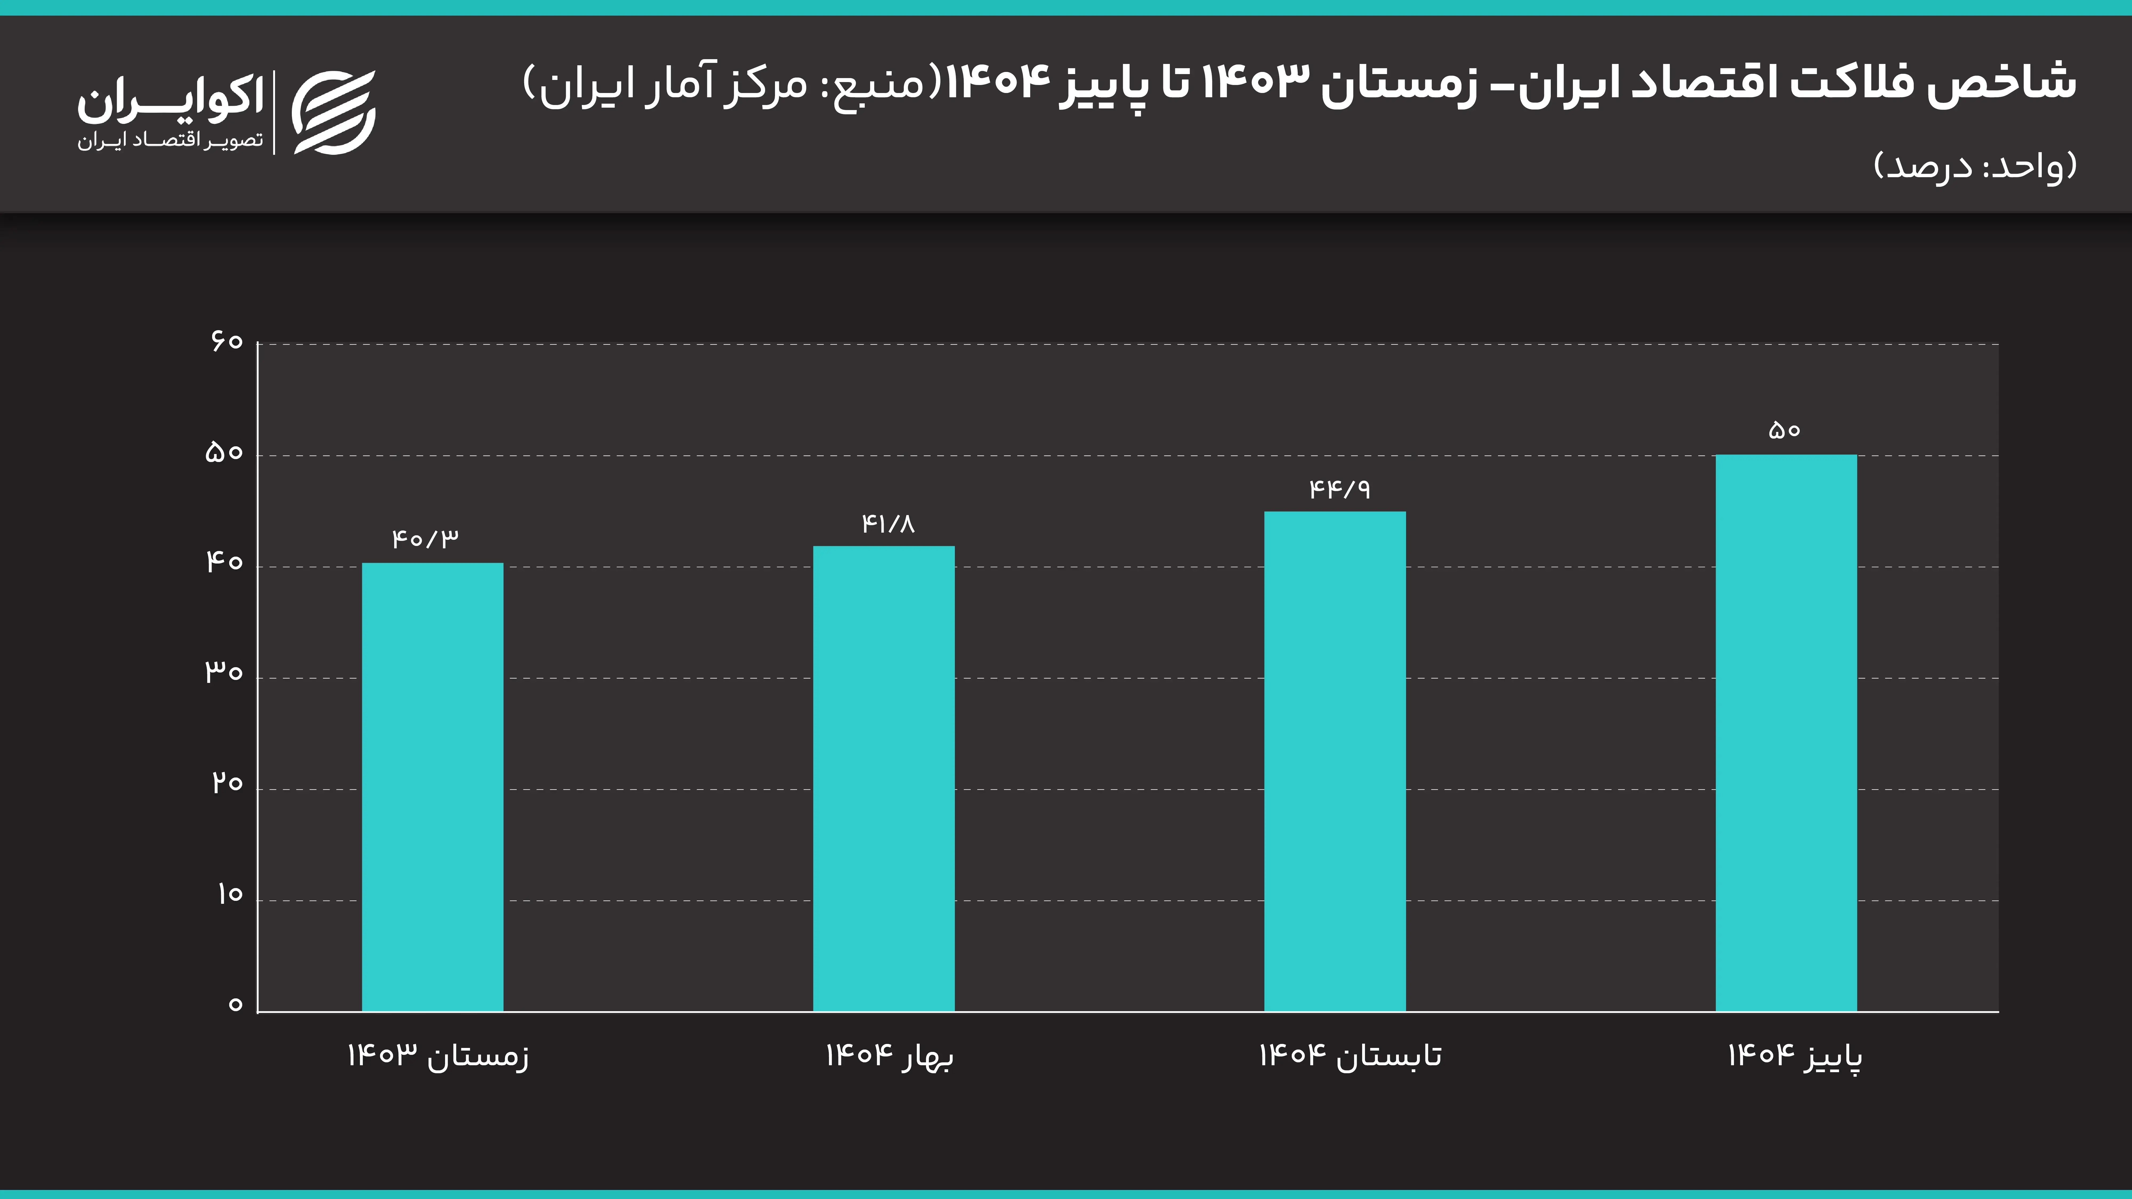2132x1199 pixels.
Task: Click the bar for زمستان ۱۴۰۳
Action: click(432, 786)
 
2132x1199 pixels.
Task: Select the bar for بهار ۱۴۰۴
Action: click(883, 778)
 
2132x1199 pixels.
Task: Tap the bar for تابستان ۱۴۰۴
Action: click(1334, 761)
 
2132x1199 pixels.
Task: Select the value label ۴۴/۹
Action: click(1339, 489)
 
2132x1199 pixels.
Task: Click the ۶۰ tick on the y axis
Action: click(226, 341)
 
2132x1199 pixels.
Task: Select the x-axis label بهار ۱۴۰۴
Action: click(890, 1056)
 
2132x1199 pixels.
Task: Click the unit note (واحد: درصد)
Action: click(1975, 166)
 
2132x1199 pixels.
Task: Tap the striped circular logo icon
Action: click(334, 112)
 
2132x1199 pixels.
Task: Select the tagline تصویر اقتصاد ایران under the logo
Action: click(171, 141)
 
